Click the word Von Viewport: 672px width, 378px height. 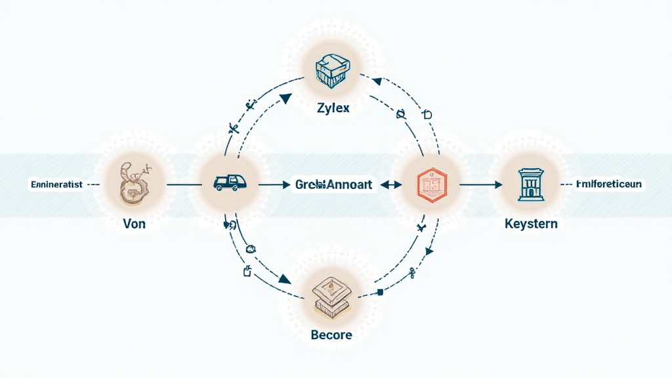[134, 224]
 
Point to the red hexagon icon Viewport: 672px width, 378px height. [432, 184]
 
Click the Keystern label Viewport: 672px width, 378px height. [532, 224]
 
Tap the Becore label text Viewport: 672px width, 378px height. [331, 335]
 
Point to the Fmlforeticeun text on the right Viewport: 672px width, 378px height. [608, 184]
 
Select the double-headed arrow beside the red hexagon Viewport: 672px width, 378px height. [390, 185]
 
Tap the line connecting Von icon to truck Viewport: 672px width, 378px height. [184, 185]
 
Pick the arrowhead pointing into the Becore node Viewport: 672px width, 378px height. [284, 280]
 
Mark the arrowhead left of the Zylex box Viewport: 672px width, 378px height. [285, 98]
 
